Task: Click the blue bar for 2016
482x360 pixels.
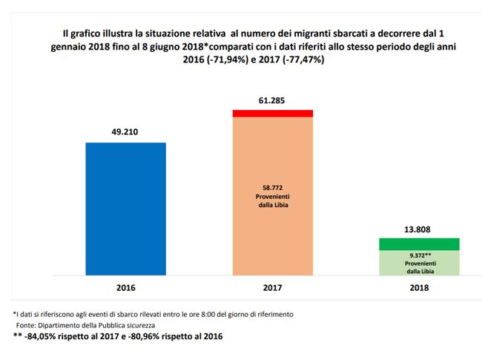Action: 126,208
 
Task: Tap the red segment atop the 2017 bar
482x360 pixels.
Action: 272,113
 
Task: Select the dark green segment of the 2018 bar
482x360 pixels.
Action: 420,244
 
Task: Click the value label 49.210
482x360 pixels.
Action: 125,131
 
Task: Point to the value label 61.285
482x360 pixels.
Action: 272,99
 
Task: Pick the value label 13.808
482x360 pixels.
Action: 420,228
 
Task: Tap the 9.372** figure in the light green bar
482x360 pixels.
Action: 419,255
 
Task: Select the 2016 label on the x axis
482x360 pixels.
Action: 125,286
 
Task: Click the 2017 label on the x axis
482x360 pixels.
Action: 272,286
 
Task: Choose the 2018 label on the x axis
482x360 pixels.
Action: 420,286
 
